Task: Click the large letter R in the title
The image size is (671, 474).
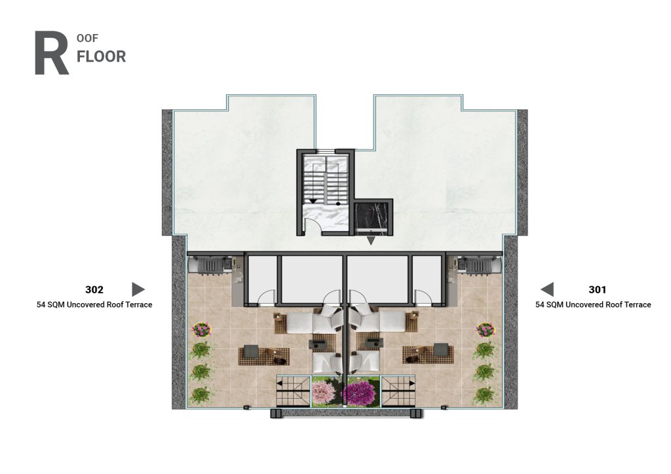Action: pos(51,53)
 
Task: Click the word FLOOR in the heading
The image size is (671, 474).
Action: pos(102,56)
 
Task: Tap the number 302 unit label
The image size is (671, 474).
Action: pos(94,290)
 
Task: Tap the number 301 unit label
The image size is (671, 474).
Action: pos(598,290)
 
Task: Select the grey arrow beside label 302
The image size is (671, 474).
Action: pos(138,289)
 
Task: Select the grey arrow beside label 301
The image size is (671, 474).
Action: pos(547,289)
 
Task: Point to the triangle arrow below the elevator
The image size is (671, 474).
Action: pos(371,241)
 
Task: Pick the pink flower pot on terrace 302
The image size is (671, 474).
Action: pos(202,330)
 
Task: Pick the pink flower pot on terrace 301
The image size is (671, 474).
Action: pos(486,330)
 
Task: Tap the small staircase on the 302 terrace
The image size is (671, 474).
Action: pos(293,392)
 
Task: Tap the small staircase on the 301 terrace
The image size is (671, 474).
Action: pos(398,392)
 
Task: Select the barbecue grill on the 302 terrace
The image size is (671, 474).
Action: pos(210,264)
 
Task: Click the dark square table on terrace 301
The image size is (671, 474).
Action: pos(440,350)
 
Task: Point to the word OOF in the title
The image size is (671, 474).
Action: pos(87,39)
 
